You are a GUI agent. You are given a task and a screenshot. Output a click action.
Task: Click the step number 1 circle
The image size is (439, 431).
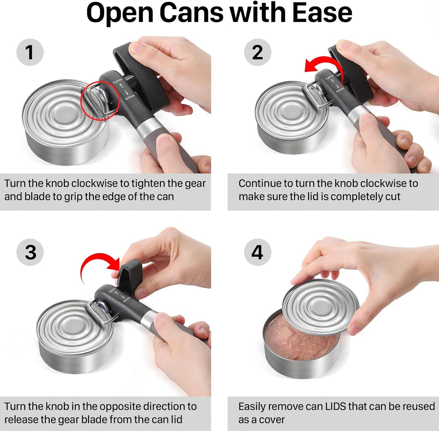click(x=30, y=52)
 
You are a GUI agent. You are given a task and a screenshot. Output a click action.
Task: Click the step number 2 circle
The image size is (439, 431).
click(x=257, y=52)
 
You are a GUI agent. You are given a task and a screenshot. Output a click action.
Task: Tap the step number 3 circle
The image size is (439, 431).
click(x=30, y=252)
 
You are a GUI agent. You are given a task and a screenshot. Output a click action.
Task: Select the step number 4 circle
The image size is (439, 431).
click(x=257, y=252)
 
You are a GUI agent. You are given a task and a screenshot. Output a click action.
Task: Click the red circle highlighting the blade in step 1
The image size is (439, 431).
click(x=100, y=101)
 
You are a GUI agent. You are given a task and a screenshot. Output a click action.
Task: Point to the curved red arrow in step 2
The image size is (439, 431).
click(x=324, y=64)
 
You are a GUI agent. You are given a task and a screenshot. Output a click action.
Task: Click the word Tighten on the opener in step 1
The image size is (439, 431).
click(x=118, y=81)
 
